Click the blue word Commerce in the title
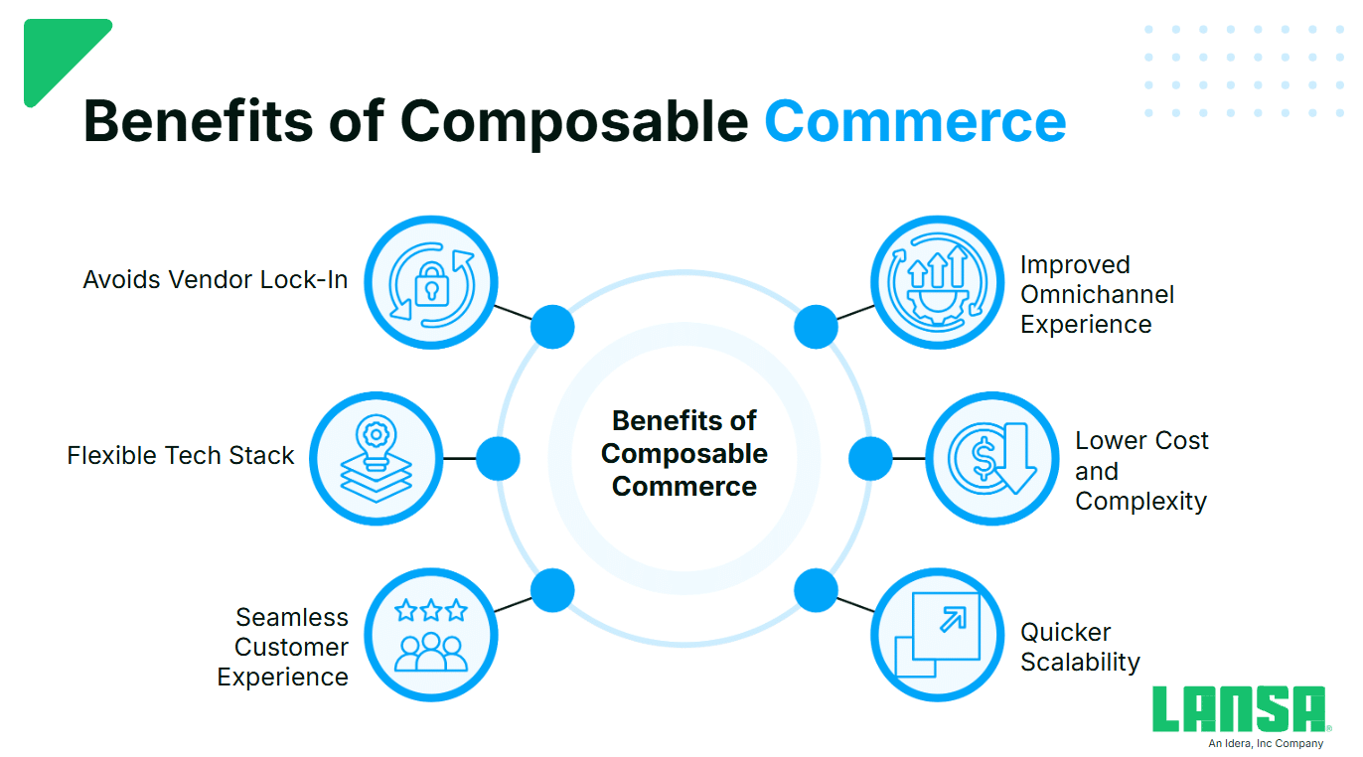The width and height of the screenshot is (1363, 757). pyautogui.click(x=914, y=121)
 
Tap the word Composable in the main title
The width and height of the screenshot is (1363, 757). pyautogui.click(x=573, y=121)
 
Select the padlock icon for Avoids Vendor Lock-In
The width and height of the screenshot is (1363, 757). pyautogui.click(x=430, y=282)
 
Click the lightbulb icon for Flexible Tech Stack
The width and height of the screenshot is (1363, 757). pyautogui.click(x=377, y=458)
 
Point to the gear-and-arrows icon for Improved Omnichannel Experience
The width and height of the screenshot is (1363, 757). pyautogui.click(x=938, y=282)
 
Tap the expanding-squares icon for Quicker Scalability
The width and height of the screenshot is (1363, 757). pyautogui.click(x=938, y=634)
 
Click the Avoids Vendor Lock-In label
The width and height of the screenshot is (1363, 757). pyautogui.click(x=216, y=280)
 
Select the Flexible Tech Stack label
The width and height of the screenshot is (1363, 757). pyautogui.click(x=181, y=456)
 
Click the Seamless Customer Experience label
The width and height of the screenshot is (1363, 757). pyautogui.click(x=284, y=647)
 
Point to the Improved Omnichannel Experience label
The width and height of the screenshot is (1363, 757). pyautogui.click(x=1097, y=295)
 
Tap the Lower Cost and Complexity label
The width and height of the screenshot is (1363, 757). pyautogui.click(x=1141, y=471)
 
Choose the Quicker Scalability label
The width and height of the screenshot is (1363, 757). pyautogui.click(x=1080, y=647)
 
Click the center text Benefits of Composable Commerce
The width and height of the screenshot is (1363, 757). pyautogui.click(x=684, y=454)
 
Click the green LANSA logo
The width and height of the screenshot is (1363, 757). pyautogui.click(x=1239, y=709)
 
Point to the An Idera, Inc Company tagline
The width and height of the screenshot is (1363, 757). pyautogui.click(x=1266, y=743)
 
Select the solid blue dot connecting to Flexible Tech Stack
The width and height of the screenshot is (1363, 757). pyautogui.click(x=498, y=459)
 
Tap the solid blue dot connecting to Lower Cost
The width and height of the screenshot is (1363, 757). pyautogui.click(x=870, y=459)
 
